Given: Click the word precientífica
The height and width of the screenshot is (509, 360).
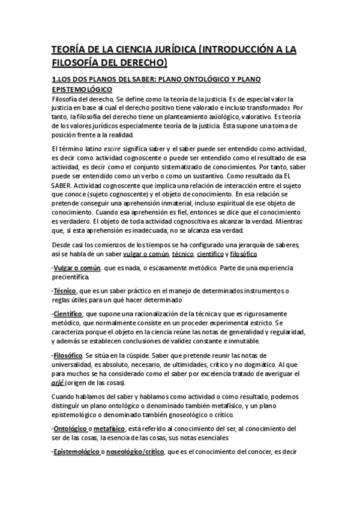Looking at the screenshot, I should (x=72, y=277).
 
